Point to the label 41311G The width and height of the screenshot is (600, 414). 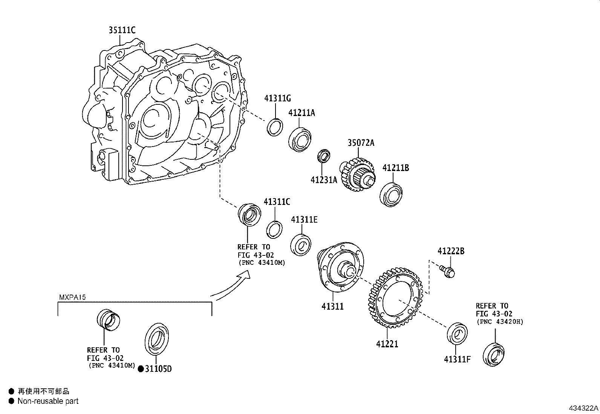click(x=277, y=99)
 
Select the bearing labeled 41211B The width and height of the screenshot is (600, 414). click(x=392, y=194)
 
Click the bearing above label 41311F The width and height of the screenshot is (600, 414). click(x=457, y=333)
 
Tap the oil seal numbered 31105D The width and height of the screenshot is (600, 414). click(x=156, y=339)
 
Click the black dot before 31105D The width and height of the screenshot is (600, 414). click(x=141, y=369)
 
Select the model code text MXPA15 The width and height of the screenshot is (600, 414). click(x=72, y=297)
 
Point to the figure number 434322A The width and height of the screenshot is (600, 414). click(x=583, y=408)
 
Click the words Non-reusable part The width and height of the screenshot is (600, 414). click(x=48, y=401)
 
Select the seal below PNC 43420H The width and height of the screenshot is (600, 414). click(x=494, y=354)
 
